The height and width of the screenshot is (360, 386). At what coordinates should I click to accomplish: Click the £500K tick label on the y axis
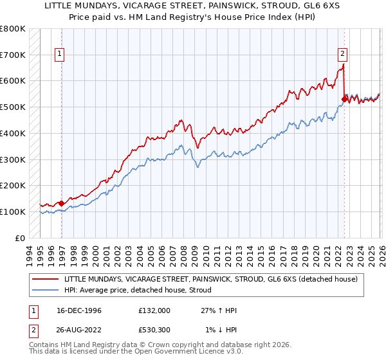(x=12, y=107)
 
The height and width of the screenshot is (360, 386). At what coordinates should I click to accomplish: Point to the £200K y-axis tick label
(x=12, y=186)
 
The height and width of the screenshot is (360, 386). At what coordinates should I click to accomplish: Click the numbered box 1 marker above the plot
(x=59, y=55)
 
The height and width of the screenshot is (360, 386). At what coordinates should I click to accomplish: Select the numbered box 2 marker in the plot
(x=342, y=55)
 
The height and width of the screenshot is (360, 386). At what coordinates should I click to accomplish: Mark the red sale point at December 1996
(x=62, y=203)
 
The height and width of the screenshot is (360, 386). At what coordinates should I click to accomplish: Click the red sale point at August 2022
(x=344, y=99)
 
